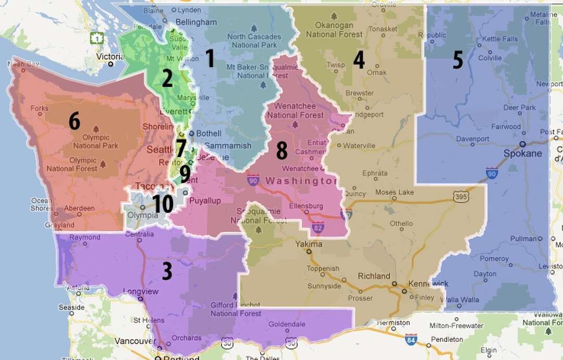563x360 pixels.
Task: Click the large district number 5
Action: pyautogui.click(x=458, y=60)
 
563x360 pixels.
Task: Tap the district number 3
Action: pyautogui.click(x=167, y=271)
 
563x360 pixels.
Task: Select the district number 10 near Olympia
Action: pyautogui.click(x=163, y=204)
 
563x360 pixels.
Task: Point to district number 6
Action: pyautogui.click(x=75, y=121)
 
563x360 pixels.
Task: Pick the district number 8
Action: pyautogui.click(x=281, y=151)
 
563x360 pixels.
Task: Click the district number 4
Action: pyautogui.click(x=359, y=60)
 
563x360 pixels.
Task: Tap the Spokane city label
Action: pyautogui.click(x=523, y=153)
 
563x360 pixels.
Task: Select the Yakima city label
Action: pyautogui.click(x=309, y=244)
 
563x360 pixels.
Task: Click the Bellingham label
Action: pyautogui.click(x=196, y=22)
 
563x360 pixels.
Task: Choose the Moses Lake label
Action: pyautogui.click(x=394, y=192)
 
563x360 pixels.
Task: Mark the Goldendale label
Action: pyautogui.click(x=287, y=324)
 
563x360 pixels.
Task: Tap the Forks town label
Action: pyautogui.click(x=39, y=108)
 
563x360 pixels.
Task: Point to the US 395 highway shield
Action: pyautogui.click(x=461, y=196)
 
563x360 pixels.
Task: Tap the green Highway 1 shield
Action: pyautogui.click(x=96, y=38)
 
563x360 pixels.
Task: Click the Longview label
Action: pyautogui.click(x=140, y=292)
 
